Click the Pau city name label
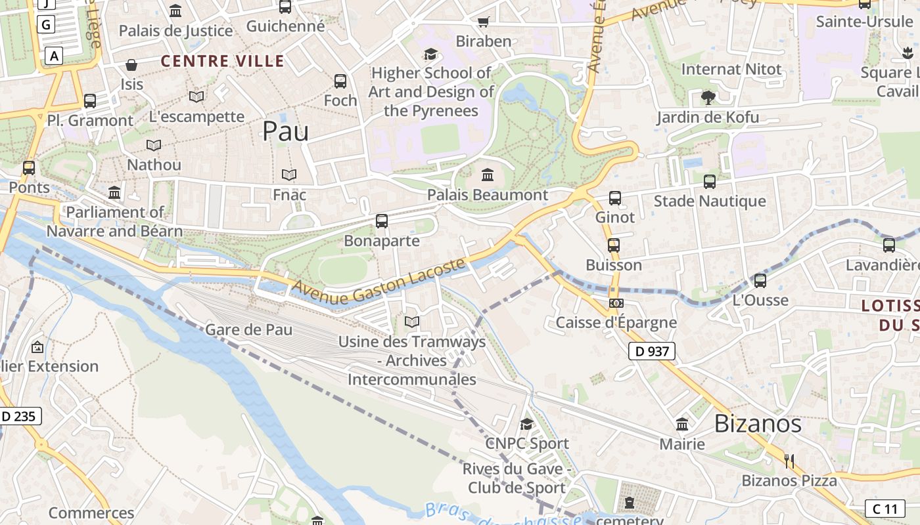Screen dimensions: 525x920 (x=285, y=131)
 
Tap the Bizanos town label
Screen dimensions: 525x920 (x=758, y=423)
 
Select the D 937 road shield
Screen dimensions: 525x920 (x=652, y=351)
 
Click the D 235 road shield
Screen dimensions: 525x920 (x=19, y=415)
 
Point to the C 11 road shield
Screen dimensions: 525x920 (x=885, y=509)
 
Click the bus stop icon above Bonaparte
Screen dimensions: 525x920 (x=382, y=221)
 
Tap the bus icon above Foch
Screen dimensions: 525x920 (x=340, y=81)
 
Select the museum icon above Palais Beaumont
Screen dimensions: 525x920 (x=488, y=175)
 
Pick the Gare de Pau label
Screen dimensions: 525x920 (x=249, y=329)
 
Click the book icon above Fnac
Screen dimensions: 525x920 (x=289, y=175)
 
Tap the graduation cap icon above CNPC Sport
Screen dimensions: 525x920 (x=526, y=424)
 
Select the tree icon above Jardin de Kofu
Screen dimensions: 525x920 (x=708, y=98)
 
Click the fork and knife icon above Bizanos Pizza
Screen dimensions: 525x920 (x=789, y=461)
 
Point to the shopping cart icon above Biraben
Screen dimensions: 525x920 (x=484, y=22)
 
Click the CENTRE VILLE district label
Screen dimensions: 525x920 (x=223, y=62)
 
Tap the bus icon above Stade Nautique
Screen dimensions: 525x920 (x=710, y=181)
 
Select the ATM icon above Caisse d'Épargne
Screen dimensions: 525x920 (x=616, y=303)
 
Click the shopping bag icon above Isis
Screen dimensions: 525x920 (x=131, y=65)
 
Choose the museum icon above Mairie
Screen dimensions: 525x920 (x=682, y=425)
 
